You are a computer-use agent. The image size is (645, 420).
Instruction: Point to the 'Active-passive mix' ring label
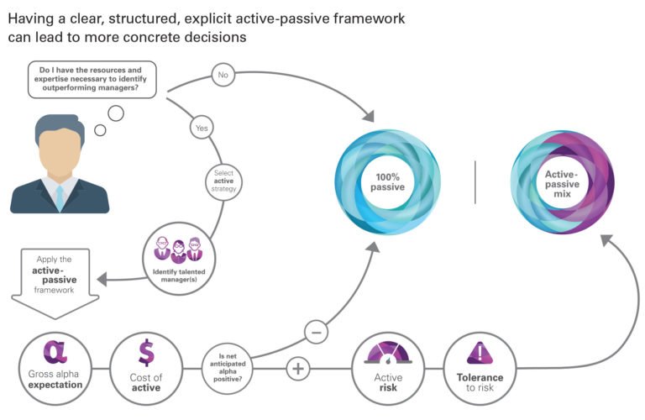pyautogui.click(x=560, y=181)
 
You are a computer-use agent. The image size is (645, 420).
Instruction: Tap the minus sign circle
pyautogui.click(x=315, y=332)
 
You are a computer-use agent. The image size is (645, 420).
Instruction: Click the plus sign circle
pyautogui.click(x=299, y=367)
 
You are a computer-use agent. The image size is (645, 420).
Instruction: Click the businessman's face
pyautogui.click(x=59, y=154)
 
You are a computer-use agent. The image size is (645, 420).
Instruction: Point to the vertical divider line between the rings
pyautogui.click(x=475, y=181)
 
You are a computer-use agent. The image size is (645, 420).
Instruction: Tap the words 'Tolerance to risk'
pyautogui.click(x=480, y=382)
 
